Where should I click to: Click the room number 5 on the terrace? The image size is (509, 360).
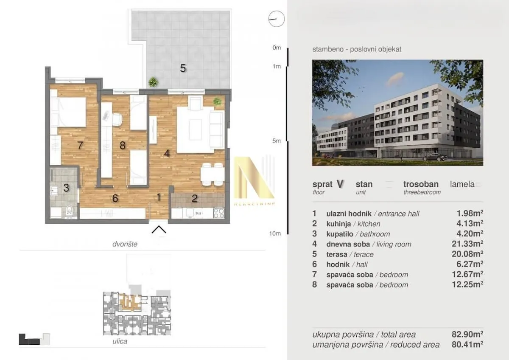click(x=183, y=68)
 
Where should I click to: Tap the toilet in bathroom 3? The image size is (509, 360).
click(x=69, y=211)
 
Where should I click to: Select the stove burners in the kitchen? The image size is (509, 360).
click(x=219, y=213)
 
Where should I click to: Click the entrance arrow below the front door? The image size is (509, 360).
click(x=159, y=230)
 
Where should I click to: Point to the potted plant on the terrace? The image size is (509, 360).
click(x=153, y=82)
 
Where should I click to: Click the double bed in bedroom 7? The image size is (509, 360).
click(x=68, y=112)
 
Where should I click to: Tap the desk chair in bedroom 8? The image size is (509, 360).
click(x=117, y=119)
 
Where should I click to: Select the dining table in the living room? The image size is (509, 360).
click(x=213, y=174)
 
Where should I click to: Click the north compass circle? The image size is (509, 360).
click(x=277, y=19)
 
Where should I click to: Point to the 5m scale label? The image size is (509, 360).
click(x=277, y=141)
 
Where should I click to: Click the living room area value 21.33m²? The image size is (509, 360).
click(x=467, y=244)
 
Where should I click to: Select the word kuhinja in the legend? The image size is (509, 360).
click(x=338, y=224)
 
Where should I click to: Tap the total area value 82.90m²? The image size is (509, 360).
click(x=467, y=334)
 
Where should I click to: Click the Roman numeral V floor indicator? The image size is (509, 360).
click(x=340, y=184)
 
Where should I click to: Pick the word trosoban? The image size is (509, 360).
click(x=421, y=184)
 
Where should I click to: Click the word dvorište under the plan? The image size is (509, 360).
click(x=125, y=244)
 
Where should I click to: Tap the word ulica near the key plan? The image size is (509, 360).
click(x=120, y=341)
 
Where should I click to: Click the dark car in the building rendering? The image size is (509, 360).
click(x=435, y=157)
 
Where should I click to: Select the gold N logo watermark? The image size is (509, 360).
click(x=254, y=179)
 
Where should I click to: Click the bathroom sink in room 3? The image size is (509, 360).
click(x=54, y=191)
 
